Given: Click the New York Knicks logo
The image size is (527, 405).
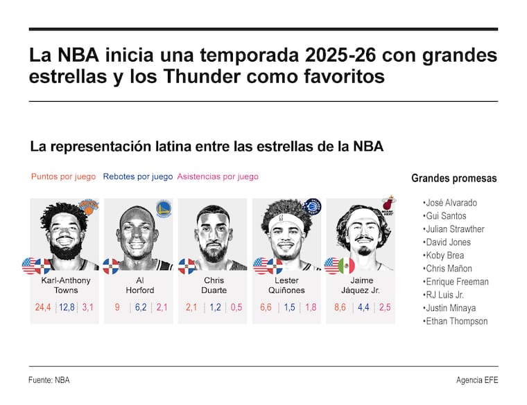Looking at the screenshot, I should tap(88, 206).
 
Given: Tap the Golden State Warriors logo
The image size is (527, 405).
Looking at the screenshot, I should tap(163, 207).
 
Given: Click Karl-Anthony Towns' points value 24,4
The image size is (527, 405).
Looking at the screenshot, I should tap(43, 307).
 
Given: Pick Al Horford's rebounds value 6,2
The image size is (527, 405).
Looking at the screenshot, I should tap(139, 307).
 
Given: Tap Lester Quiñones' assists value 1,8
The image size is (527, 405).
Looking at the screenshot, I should tap(311, 307).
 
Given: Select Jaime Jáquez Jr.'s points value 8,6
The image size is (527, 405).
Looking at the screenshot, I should tap(340, 307).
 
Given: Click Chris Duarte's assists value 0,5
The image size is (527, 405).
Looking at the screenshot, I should tap(236, 307).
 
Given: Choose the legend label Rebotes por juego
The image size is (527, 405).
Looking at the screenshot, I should tap(137, 177).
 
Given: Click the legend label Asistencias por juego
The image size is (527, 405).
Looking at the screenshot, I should tap(218, 177).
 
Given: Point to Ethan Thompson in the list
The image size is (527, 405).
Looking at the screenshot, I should tap(456, 321).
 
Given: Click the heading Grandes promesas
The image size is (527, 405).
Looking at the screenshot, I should tap(453, 179).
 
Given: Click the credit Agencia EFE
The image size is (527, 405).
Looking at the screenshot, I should tap(477, 380).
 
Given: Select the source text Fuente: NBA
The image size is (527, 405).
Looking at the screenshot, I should tap(49, 380).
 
